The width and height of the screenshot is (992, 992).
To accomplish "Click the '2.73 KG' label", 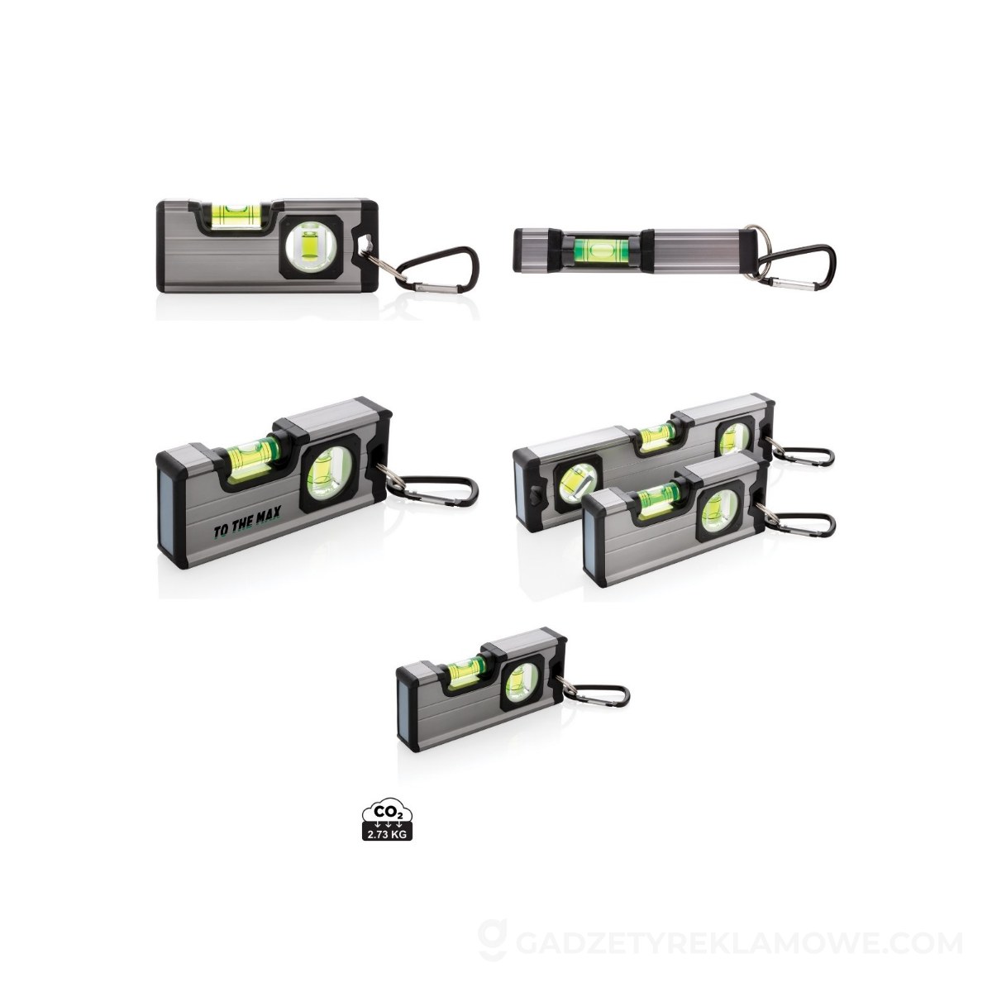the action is click(387, 833).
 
